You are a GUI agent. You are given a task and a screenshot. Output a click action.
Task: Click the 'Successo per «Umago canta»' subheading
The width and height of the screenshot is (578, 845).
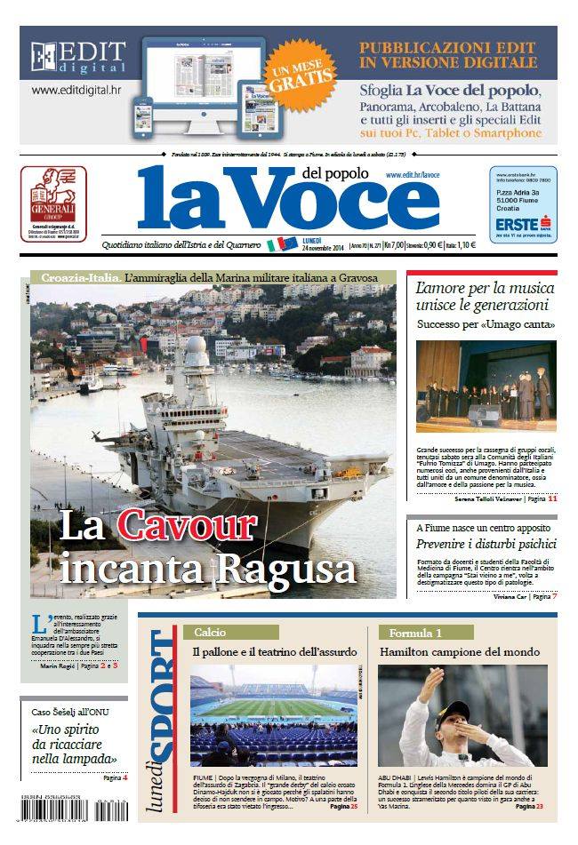click(x=486, y=326)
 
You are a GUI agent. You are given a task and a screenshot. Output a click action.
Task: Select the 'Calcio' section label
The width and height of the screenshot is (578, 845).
click(x=205, y=632)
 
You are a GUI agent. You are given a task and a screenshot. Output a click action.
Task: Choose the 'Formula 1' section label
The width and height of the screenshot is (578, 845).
click(x=414, y=632)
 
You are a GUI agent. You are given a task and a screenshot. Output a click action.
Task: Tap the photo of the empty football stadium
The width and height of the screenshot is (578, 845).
click(x=273, y=715)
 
